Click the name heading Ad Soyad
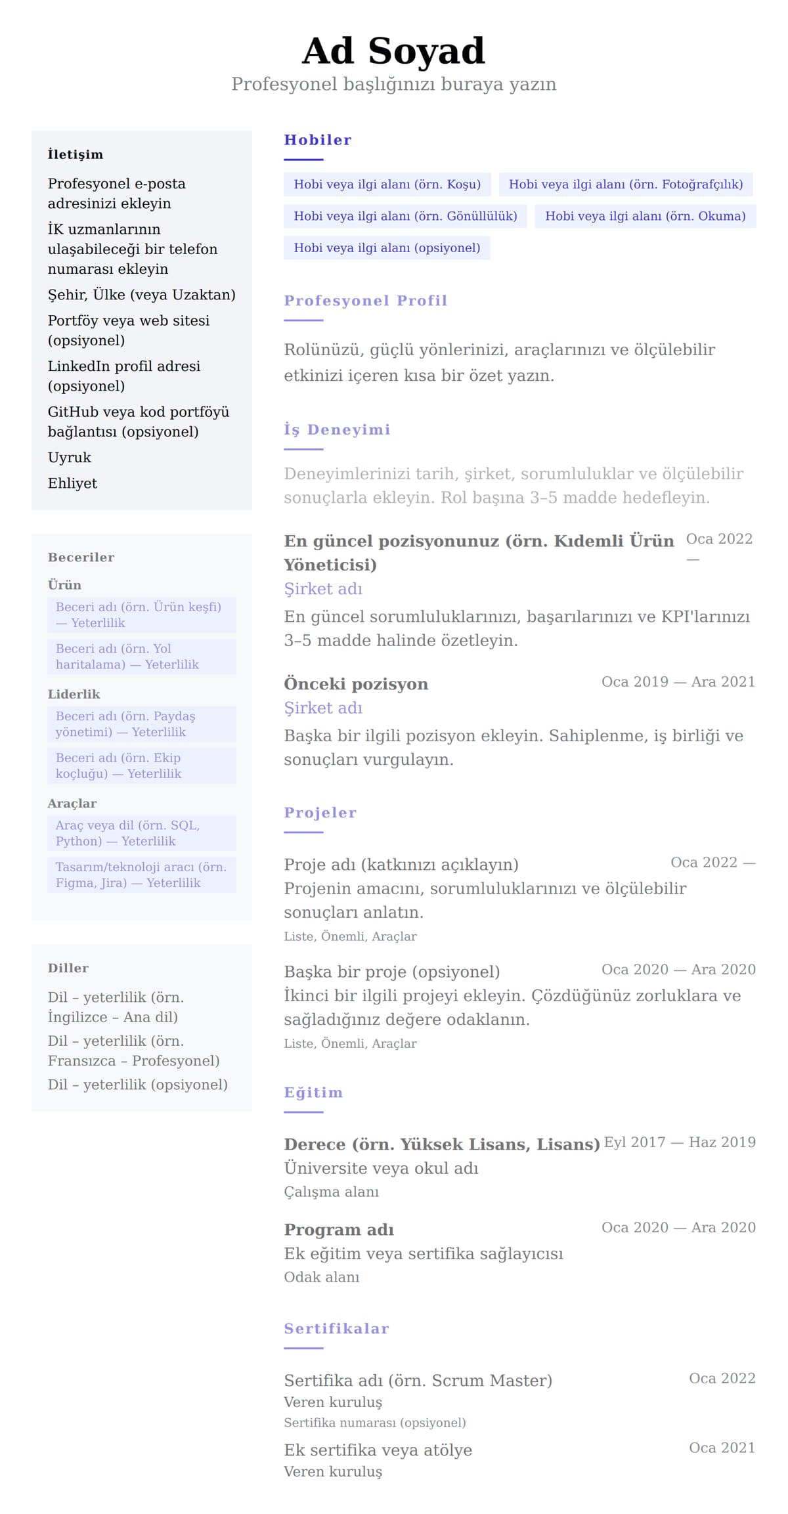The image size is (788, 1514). coord(393,51)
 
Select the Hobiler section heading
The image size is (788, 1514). coord(318,140)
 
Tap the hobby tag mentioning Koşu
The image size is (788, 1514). coord(387,184)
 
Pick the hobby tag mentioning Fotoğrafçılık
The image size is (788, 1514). coord(625,184)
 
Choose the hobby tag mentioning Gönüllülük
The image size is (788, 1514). coord(405,216)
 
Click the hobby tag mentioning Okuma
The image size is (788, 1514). coord(645,216)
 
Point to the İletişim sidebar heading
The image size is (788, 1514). coord(76,154)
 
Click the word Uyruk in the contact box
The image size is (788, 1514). coord(70,458)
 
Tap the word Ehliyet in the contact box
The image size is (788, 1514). coord(72,483)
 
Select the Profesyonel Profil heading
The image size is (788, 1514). coord(365,301)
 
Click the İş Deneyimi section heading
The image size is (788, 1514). coord(337,430)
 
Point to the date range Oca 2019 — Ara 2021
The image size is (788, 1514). coord(678,681)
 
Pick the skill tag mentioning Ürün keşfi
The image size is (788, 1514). coord(141,615)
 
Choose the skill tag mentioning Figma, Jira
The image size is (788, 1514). coord(141,875)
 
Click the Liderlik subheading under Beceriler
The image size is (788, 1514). coord(74,694)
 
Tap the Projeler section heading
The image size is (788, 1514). coord(320,813)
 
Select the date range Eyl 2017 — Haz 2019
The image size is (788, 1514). coord(680,1142)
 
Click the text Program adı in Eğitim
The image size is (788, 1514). coord(339,1230)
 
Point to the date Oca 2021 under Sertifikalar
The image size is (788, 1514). coord(722,1448)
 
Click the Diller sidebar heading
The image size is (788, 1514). coord(68,968)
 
